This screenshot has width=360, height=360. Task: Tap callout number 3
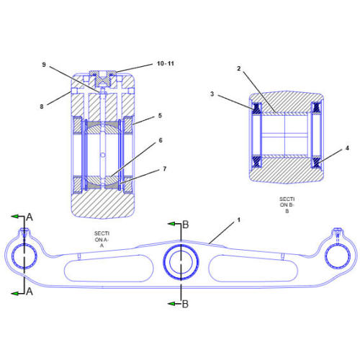click(212, 94)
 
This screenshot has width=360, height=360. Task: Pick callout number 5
click(160, 115)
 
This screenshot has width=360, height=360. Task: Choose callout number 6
click(161, 142)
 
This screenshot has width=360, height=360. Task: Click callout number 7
click(164, 169)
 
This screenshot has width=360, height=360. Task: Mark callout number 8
click(42, 106)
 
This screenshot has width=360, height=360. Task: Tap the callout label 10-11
click(165, 64)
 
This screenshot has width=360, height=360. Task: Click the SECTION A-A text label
click(102, 239)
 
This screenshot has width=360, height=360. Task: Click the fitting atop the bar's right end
click(336, 233)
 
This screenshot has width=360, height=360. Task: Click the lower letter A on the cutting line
click(30, 292)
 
